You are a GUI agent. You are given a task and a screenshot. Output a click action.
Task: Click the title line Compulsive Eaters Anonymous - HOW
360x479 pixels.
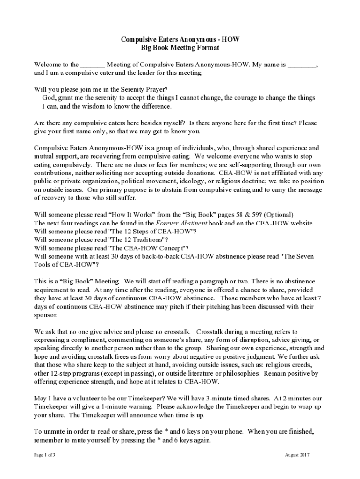point(180,40)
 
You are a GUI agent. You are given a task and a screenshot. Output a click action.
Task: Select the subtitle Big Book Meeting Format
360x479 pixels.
point(180,48)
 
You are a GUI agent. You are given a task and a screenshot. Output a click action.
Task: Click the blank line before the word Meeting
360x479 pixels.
point(93,65)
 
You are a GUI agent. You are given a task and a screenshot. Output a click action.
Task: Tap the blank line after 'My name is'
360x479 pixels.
point(302,65)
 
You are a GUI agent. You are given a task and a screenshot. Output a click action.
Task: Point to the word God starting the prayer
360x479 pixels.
point(49,98)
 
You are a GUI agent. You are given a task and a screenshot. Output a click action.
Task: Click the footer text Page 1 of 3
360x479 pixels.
point(45,455)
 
